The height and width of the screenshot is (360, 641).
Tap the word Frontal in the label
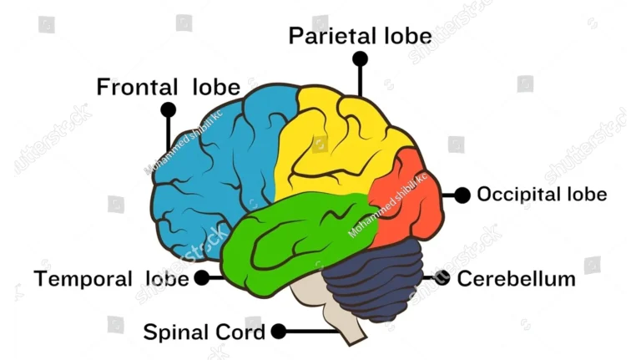click(x=137, y=87)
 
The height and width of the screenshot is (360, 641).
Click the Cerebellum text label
click(x=516, y=278)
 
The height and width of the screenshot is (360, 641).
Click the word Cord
click(x=242, y=332)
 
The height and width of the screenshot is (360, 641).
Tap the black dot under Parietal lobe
click(x=360, y=58)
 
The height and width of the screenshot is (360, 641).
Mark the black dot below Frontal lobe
click(x=169, y=109)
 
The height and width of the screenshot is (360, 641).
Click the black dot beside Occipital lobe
click(x=462, y=195)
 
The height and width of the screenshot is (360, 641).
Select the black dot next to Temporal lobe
click(x=202, y=278)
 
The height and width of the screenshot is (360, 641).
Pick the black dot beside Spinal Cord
click(x=279, y=332)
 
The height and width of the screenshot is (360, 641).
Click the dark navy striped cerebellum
click(x=376, y=280)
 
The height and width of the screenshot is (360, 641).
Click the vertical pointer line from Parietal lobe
click(x=360, y=79)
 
